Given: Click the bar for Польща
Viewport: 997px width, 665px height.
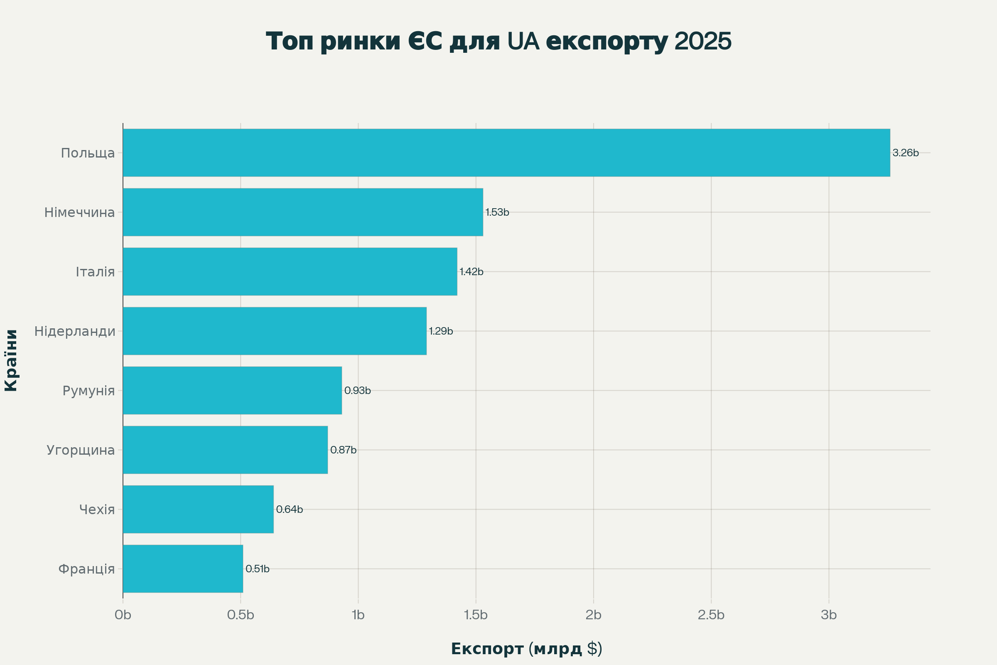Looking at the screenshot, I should click(x=506, y=153).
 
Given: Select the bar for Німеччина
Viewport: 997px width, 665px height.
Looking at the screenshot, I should click(x=303, y=212).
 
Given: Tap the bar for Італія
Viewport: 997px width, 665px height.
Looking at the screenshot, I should click(x=290, y=271).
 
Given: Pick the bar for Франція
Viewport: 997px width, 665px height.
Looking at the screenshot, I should click(x=183, y=569).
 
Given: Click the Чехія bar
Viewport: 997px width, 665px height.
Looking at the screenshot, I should click(x=198, y=510).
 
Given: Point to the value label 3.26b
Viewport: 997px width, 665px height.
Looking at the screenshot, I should click(x=906, y=153).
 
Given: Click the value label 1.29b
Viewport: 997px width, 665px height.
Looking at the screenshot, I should click(x=441, y=331).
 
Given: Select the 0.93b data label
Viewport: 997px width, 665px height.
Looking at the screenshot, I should click(x=357, y=391).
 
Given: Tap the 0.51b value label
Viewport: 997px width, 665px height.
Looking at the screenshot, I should click(x=257, y=569).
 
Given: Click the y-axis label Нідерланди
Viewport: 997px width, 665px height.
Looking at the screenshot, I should click(x=75, y=331).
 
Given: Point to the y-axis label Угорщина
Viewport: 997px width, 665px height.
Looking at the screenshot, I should click(x=81, y=450).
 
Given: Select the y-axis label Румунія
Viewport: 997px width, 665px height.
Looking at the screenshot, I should click(x=88, y=391).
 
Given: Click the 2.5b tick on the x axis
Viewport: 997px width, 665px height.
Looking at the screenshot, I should click(x=711, y=615).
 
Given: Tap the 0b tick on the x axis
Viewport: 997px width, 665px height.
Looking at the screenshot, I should click(x=123, y=615).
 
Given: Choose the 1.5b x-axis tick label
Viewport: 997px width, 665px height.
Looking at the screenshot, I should click(x=476, y=615).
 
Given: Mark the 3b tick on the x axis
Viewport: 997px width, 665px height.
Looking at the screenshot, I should click(x=828, y=615).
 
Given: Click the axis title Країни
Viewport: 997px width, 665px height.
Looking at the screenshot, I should click(x=12, y=360).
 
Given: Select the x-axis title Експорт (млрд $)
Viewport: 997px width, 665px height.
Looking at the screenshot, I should click(x=526, y=649).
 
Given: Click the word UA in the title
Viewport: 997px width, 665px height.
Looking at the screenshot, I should click(x=523, y=42).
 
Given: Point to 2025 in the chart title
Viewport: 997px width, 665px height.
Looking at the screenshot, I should click(x=702, y=42).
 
